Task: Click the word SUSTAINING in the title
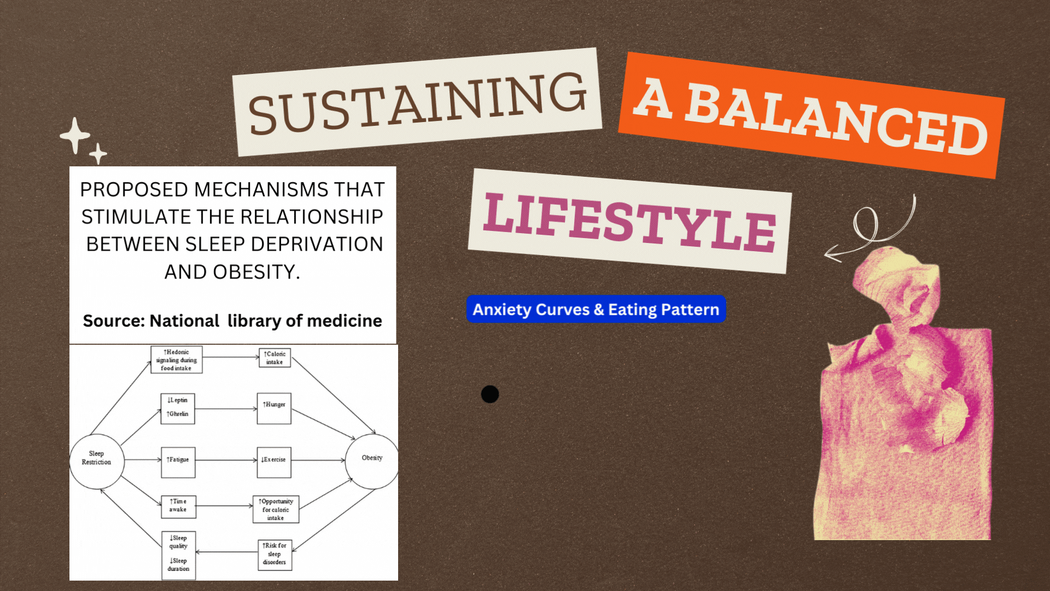click(x=418, y=102)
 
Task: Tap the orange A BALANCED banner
click(x=812, y=115)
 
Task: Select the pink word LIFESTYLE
click(x=629, y=222)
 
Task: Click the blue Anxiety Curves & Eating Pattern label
click(x=596, y=309)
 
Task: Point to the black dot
click(x=490, y=394)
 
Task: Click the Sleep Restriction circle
click(x=97, y=461)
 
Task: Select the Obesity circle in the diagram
click(x=372, y=461)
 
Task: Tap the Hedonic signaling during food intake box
click(x=177, y=360)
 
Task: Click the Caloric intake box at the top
click(x=275, y=358)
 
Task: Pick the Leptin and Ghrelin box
click(x=178, y=408)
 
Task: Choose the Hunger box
click(x=274, y=408)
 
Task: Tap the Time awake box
click(x=178, y=506)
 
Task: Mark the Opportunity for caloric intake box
click(x=276, y=509)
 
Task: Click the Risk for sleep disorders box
click(x=275, y=555)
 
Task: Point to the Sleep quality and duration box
click(x=178, y=554)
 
